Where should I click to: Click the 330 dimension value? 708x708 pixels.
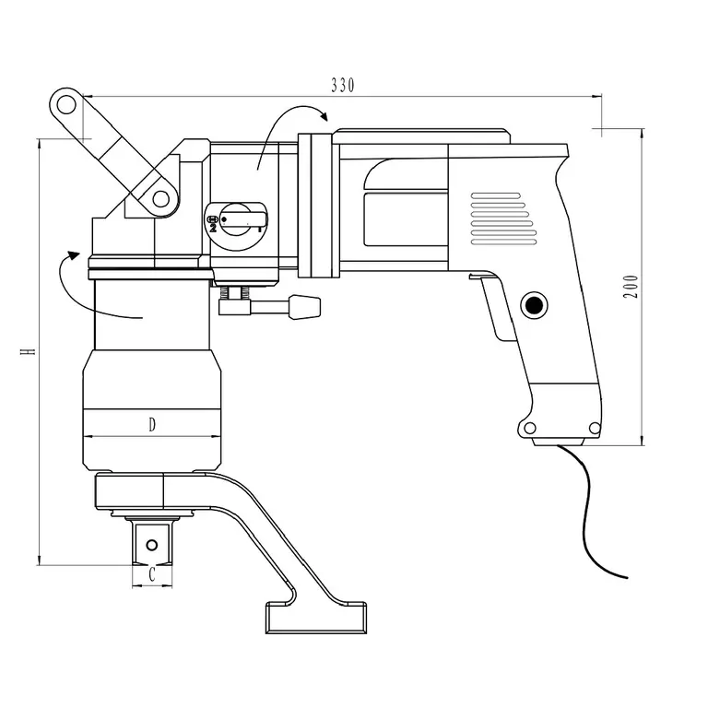coord(343,85)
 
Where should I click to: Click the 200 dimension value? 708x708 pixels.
coord(631,287)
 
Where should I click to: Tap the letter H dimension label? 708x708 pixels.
coord(28,351)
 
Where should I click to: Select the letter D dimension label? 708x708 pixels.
coord(152,424)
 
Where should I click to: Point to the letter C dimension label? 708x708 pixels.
coord(152,574)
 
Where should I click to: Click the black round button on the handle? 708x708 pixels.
coord(534,306)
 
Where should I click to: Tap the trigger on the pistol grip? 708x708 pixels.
coord(494,307)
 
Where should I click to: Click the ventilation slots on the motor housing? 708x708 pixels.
coord(503,219)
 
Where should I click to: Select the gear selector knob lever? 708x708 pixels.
coord(242,219)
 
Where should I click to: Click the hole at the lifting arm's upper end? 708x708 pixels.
coord(66,105)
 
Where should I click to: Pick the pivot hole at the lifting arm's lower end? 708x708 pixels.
coord(160,198)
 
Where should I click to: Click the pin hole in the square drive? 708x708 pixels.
coord(152,545)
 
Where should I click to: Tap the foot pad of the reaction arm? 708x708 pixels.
coord(316,618)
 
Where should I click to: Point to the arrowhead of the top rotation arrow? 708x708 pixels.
coord(324,115)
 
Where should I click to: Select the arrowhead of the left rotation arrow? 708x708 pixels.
coord(73,255)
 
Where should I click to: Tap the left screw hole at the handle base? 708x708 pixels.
coord(530,427)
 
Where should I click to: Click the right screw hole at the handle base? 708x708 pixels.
coord(596,427)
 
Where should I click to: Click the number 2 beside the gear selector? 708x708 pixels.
coord(213,228)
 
